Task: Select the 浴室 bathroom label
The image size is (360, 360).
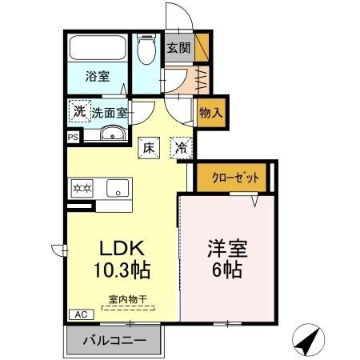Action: [x=98, y=78]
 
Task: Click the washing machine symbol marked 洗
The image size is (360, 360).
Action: [x=79, y=111]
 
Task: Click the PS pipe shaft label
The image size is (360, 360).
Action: [x=73, y=137]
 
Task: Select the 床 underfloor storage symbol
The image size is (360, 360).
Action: [x=148, y=147]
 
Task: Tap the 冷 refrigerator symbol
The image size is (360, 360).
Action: [x=182, y=147]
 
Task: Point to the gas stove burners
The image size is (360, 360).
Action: [x=83, y=189]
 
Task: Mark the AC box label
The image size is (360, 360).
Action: [x=80, y=314]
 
